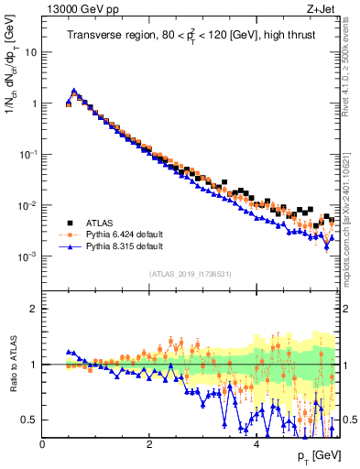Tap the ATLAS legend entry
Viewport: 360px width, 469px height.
pyautogui.click(x=102, y=222)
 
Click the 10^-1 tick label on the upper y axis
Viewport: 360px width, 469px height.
pyautogui.click(x=28, y=155)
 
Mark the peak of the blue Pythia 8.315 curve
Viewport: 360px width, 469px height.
pyautogui.click(x=74, y=91)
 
